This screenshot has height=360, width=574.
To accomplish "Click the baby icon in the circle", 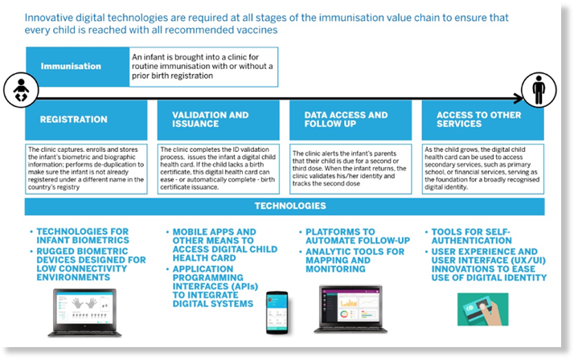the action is (x=21, y=90).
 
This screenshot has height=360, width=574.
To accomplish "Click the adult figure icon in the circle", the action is (x=539, y=90).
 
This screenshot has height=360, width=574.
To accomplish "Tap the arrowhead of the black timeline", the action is (x=519, y=98).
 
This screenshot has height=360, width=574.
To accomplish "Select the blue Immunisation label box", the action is (x=78, y=67).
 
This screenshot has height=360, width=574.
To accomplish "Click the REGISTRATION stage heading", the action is (x=74, y=119).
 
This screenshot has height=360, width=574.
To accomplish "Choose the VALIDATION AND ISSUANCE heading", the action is (x=210, y=119).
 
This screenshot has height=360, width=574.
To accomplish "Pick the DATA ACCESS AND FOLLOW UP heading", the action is (x=346, y=119).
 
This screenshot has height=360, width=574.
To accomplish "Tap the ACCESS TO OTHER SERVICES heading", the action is (x=478, y=119).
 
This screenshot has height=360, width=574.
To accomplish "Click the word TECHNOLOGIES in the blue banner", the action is (x=290, y=206).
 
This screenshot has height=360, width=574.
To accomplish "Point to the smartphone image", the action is (x=277, y=313).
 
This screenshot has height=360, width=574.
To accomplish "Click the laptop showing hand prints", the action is (x=85, y=313).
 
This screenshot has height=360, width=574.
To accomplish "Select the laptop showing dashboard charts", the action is (x=351, y=309).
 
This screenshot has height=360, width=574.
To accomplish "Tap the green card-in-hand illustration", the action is (x=483, y=309).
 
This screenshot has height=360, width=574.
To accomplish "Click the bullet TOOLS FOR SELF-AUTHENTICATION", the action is (x=471, y=236).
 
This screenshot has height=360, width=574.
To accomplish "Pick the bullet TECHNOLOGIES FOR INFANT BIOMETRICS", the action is (x=83, y=236).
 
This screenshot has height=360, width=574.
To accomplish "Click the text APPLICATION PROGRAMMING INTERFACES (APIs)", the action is (x=215, y=278).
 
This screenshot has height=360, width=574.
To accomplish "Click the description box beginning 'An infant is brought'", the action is (x=203, y=67).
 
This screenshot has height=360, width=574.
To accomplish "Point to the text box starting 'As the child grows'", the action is (x=483, y=169).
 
